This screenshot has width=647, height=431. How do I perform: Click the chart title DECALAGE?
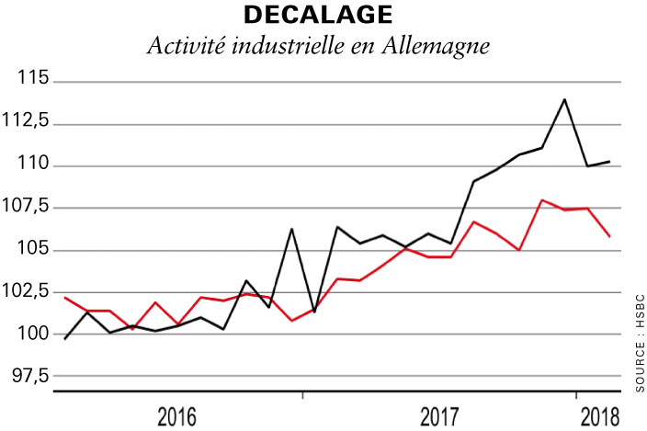tap(318, 16)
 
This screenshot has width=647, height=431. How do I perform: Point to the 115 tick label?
tap(35, 81)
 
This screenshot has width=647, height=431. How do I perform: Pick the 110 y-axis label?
tap(35, 165)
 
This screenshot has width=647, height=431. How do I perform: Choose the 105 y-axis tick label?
tap(35, 250)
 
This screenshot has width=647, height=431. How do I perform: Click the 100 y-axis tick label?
tap(35, 335)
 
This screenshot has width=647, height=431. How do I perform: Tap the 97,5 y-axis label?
tap(30, 376)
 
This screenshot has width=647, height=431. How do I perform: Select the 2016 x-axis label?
tap(176, 415)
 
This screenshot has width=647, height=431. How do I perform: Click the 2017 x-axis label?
tap(440, 415)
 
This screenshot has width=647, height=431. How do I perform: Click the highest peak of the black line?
tap(564, 99)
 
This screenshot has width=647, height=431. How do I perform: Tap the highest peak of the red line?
tap(542, 199)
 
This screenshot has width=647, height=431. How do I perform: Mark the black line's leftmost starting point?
tap(64, 339)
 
